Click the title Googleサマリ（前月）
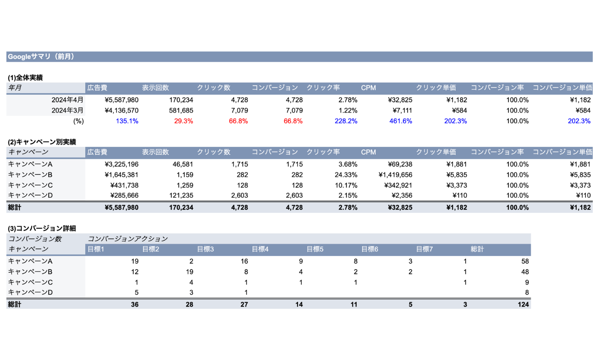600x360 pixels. (41, 56)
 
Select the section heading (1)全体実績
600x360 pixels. (25, 78)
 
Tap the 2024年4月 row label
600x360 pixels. (67, 100)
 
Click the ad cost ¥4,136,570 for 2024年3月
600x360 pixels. (122, 110)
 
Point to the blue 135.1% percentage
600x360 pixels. (127, 121)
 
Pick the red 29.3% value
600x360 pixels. (184, 121)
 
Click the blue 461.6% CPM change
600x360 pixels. (401, 121)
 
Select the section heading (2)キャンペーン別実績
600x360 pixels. (42, 142)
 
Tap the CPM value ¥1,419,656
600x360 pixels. (395, 175)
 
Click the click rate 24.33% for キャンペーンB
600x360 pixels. (346, 175)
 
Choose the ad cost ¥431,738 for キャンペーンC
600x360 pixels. (124, 185)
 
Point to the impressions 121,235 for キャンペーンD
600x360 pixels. (181, 195)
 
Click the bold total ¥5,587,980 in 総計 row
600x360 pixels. (122, 207)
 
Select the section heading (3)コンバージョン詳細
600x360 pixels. (42, 228)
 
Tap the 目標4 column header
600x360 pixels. (260, 249)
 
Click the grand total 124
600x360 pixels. (523, 304)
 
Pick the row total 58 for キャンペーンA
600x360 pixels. (525, 261)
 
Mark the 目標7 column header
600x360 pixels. (424, 249)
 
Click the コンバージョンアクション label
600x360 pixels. (128, 239)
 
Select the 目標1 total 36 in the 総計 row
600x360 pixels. (135, 304)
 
